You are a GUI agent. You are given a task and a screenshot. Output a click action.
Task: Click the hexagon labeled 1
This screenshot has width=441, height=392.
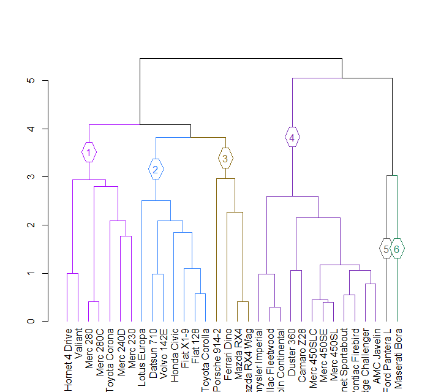coord(89,153)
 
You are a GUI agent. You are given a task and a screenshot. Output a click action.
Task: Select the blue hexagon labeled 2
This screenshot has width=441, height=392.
coord(156,169)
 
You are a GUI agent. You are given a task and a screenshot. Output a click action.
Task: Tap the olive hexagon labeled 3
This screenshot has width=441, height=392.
coord(225,159)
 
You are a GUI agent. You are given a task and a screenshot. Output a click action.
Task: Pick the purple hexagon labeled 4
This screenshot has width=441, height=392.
coord(292,138)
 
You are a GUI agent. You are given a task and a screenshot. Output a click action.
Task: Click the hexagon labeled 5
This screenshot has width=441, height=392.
coord(386,249)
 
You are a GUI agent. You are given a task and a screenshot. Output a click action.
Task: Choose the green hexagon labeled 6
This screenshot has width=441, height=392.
coord(398,249)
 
